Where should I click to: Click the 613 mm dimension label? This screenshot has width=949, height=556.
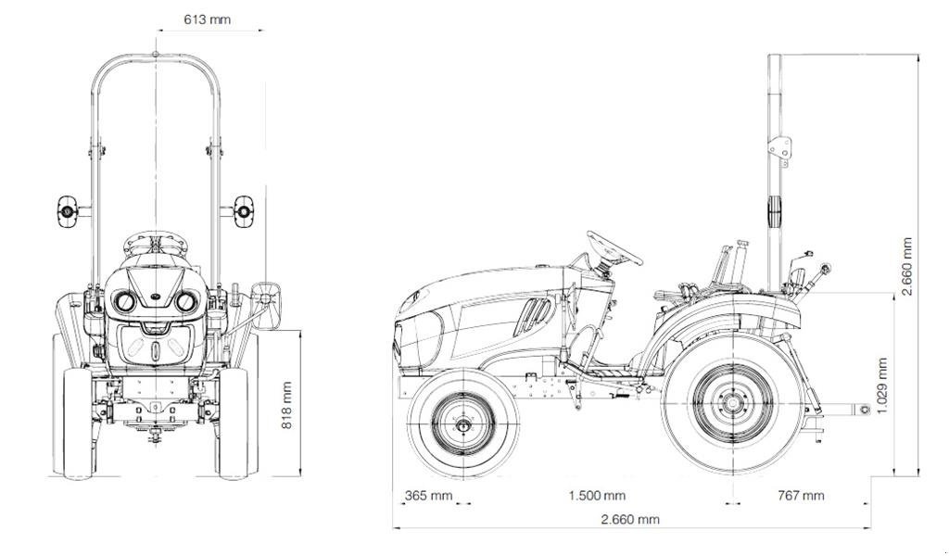[207, 19]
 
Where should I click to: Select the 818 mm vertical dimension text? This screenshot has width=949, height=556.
[286, 405]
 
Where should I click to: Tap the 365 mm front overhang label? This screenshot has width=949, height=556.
[428, 496]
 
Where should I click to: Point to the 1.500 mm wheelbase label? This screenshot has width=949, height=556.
[597, 496]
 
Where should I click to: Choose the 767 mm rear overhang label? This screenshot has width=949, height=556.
[800, 496]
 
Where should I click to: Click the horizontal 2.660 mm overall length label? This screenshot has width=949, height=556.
[630, 520]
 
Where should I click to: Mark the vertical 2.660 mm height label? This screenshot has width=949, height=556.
[907, 267]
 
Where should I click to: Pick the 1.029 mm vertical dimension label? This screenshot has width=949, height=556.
[881, 386]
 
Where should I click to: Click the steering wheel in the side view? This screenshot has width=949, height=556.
[614, 247]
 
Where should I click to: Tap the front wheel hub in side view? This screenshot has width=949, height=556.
[463, 425]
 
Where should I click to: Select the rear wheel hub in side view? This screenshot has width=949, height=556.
[732, 404]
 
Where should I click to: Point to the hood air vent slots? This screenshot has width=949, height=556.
[532, 315]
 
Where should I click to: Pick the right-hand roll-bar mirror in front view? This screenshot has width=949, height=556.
[243, 211]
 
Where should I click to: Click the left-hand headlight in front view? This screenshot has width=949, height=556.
[124, 301]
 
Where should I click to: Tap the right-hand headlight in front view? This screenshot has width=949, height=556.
[186, 301]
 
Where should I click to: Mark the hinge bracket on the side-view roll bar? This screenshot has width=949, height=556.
[779, 149]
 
